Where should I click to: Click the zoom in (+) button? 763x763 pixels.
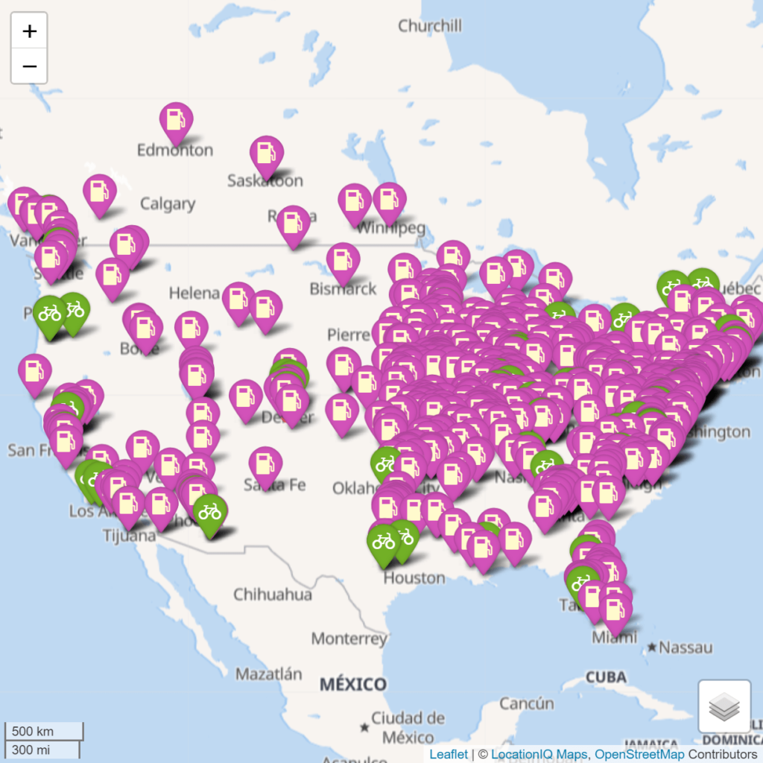pyautogui.click(x=29, y=31)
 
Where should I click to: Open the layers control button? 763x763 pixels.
pyautogui.click(x=724, y=706)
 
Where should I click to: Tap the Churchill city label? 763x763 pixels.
pyautogui.click(x=430, y=26)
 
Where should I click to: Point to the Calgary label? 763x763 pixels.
pyautogui.click(x=168, y=204)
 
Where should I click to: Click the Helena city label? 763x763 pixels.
pyautogui.click(x=194, y=293)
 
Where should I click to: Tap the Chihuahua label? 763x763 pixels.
pyautogui.click(x=272, y=595)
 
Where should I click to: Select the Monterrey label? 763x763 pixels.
pyautogui.click(x=349, y=639)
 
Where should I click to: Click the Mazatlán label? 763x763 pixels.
pyautogui.click(x=269, y=674)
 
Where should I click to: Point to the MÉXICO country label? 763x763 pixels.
pyautogui.click(x=353, y=684)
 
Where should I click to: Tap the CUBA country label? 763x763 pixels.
pyautogui.click(x=605, y=677)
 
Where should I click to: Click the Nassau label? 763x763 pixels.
pyautogui.click(x=686, y=648)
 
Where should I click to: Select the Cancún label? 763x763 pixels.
pyautogui.click(x=527, y=703)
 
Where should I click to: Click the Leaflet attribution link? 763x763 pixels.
pyautogui.click(x=449, y=754)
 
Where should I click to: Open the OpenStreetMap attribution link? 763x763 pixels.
pyautogui.click(x=639, y=754)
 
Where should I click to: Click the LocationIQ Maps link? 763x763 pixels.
pyautogui.click(x=539, y=754)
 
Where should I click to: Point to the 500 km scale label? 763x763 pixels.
pyautogui.click(x=34, y=731)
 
